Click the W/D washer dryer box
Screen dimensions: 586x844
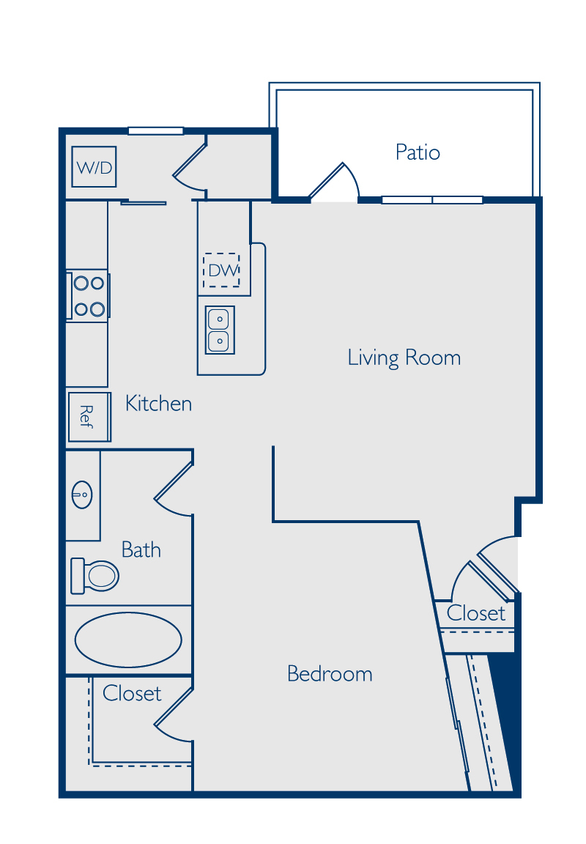pos(94,167)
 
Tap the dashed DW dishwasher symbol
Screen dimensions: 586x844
pos(221,270)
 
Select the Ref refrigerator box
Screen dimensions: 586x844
pos(89,417)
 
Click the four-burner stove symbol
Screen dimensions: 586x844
pos(88,296)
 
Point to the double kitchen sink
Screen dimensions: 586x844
pos(220,330)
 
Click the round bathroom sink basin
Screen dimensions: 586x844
pos(82,495)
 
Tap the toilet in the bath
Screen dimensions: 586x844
pos(94,575)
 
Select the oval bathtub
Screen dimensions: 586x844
pos(128,640)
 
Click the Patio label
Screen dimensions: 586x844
pos(418,152)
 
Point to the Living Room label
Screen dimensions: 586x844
pos(404,358)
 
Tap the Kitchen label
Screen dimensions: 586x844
pos(158,403)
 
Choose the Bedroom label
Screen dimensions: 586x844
pos(330,673)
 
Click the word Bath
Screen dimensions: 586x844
pos(141,549)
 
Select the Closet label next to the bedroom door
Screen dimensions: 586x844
pos(475,612)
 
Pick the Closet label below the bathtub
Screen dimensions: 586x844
pos(132,693)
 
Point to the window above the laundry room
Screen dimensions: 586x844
pos(155,131)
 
